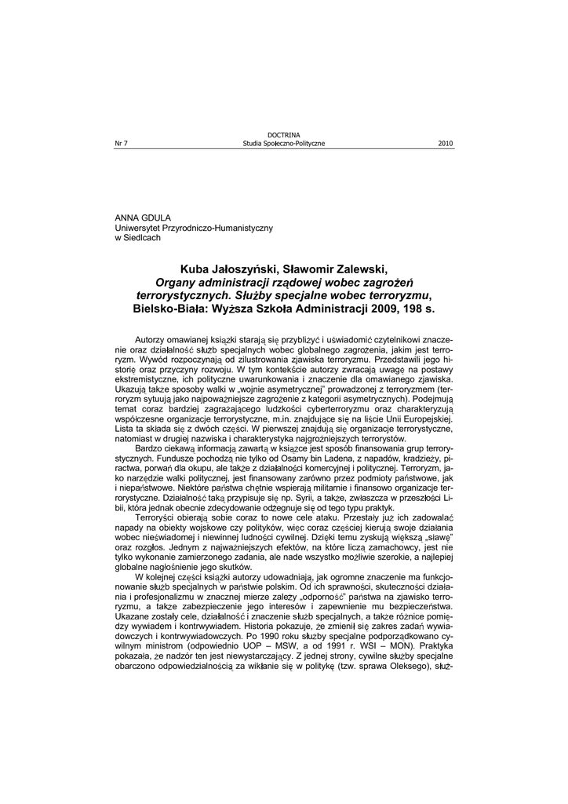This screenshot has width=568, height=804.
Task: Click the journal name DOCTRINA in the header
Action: pyautogui.click(x=284, y=136)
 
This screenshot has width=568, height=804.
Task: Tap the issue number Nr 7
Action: pyautogui.click(x=121, y=144)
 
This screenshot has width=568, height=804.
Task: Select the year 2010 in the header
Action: pyautogui.click(x=445, y=144)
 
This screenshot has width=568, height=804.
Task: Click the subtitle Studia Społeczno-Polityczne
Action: pyautogui.click(x=284, y=144)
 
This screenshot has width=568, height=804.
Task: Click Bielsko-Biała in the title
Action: pyautogui.click(x=169, y=310)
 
